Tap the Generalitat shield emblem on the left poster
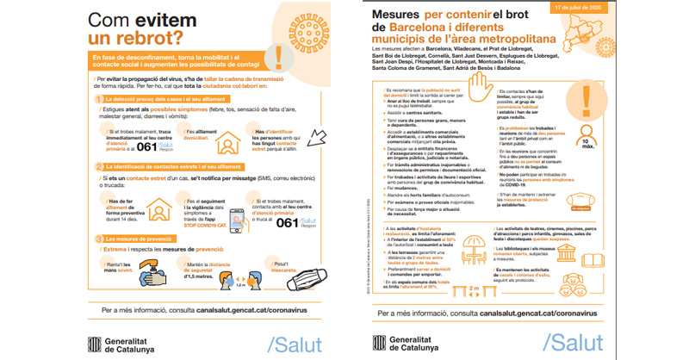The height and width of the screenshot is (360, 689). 96,342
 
